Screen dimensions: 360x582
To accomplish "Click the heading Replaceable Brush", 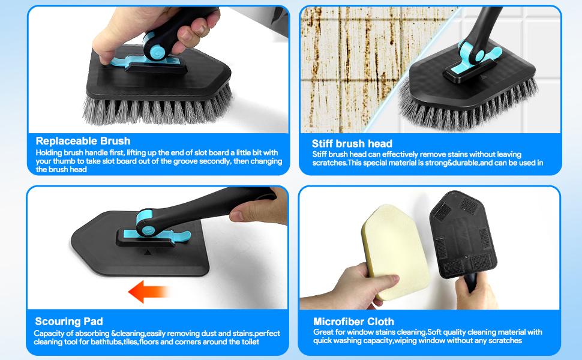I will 83,141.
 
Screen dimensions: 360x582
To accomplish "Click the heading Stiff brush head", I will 352,143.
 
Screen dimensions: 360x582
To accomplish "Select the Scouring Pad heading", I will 68,321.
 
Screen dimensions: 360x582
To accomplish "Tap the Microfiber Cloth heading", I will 353,322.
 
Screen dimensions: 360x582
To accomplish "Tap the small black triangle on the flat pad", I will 148,253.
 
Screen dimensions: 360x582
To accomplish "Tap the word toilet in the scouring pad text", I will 247,342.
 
